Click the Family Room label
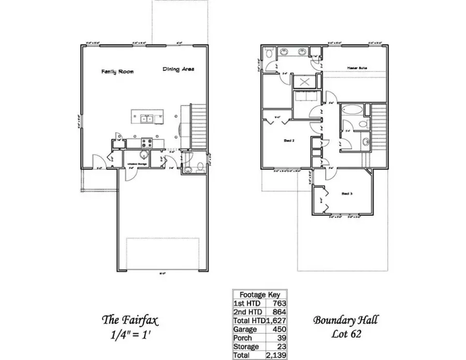click(x=117, y=71)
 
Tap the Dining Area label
click(x=178, y=69)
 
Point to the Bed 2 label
click(x=289, y=140)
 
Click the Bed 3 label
click(x=347, y=193)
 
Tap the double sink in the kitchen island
click(x=145, y=119)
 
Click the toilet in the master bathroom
click(x=269, y=53)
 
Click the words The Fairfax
click(x=124, y=320)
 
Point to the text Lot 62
click(x=346, y=334)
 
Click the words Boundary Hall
click(x=345, y=320)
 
